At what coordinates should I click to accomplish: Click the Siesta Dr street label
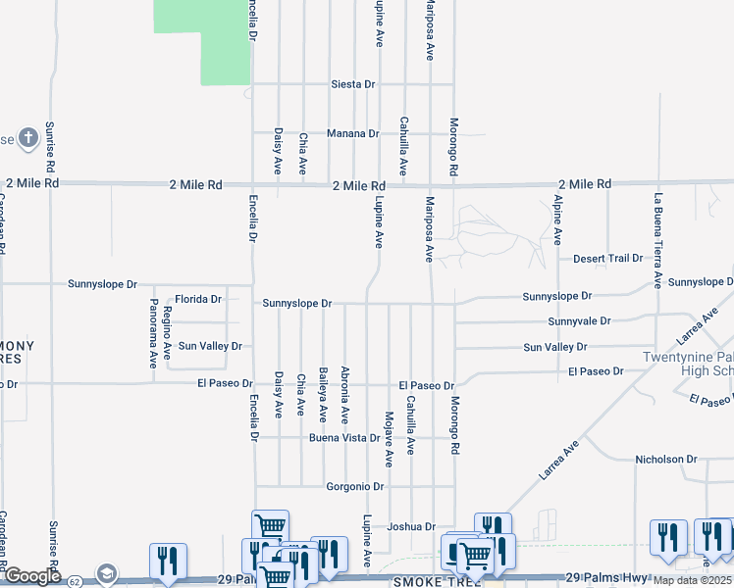(x=352, y=84)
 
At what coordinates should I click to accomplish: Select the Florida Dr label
(x=199, y=298)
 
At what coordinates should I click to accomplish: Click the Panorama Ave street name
(x=153, y=333)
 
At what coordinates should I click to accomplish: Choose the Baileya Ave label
(x=323, y=391)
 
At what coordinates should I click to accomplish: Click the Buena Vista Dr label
(x=344, y=437)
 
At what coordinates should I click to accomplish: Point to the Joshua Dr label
(x=410, y=526)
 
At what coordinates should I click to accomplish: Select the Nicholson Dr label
(x=665, y=459)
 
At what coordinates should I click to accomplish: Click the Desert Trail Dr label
(x=607, y=259)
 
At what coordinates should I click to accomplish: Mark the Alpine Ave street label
(x=557, y=220)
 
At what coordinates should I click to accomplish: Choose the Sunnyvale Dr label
(x=579, y=321)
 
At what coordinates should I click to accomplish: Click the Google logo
(x=32, y=576)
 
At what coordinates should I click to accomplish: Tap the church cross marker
(x=29, y=136)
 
